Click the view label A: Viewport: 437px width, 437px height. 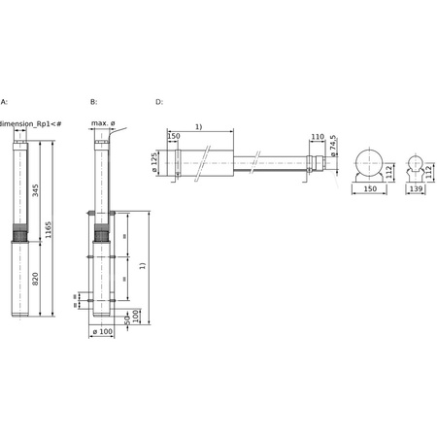click(x=4, y=101)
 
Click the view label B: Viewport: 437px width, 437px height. click(x=93, y=101)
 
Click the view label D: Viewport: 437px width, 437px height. click(x=159, y=101)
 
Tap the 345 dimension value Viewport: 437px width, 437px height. click(x=36, y=191)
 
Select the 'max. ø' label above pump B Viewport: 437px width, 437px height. click(x=104, y=123)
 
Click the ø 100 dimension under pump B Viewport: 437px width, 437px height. click(x=102, y=333)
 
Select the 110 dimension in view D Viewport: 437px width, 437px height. click(x=318, y=137)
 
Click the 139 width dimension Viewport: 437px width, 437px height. click(x=415, y=191)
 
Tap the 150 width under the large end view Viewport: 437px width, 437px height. click(x=370, y=191)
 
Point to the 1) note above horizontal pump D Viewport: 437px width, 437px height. click(x=198, y=126)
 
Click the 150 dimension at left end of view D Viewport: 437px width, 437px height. click(x=173, y=137)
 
